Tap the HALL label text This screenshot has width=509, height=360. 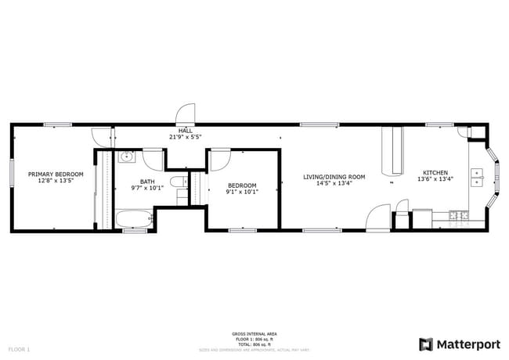(186, 131)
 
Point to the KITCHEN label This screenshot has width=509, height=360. (435, 173)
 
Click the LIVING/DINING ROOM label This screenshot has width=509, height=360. (334, 177)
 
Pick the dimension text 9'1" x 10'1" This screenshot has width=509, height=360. (242, 191)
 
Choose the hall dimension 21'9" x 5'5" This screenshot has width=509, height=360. (186, 137)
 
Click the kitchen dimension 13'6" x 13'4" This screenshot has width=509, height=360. (435, 179)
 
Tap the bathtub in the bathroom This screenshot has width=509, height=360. (135, 218)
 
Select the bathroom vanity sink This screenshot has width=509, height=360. (127, 157)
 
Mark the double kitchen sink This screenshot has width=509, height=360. (476, 177)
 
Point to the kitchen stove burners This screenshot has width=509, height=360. (460, 214)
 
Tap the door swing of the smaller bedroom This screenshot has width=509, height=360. (218, 158)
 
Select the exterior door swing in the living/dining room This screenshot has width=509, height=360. (378, 217)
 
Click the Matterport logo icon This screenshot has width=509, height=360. (426, 344)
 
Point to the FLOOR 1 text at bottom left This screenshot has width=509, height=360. (19, 348)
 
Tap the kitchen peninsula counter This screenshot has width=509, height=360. (389, 152)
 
